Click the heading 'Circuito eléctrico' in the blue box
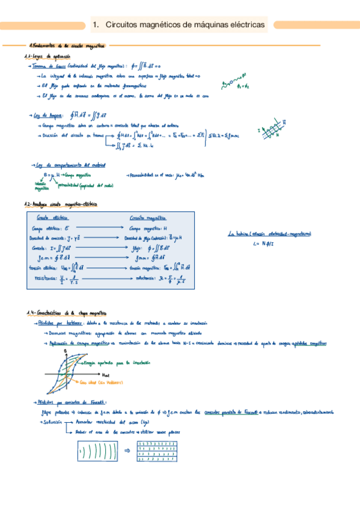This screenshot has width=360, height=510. point(52,217)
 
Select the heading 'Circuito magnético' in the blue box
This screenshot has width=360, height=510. point(148,218)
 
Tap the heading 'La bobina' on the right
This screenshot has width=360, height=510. point(240,234)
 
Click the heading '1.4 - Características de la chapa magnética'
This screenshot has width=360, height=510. point(67,313)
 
